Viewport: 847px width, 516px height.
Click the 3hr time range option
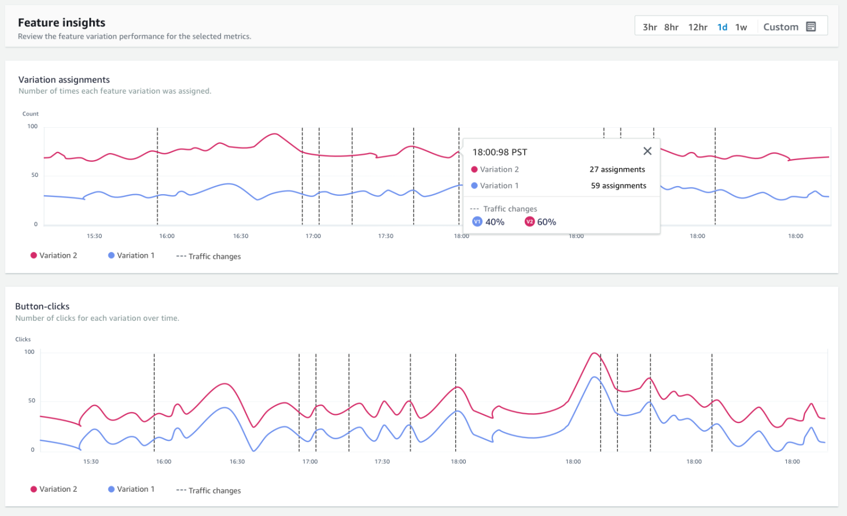(x=650, y=27)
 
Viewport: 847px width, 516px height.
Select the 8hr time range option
(x=671, y=27)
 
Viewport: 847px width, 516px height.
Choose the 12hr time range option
(x=698, y=27)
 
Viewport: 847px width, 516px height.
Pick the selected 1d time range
(x=722, y=27)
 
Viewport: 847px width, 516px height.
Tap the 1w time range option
(x=741, y=27)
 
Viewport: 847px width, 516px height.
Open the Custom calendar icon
(x=811, y=27)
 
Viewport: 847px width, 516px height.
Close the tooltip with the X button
(x=647, y=151)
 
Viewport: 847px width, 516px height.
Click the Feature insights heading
(x=61, y=23)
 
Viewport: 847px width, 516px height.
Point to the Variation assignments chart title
(x=64, y=80)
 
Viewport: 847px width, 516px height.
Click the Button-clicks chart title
(x=42, y=306)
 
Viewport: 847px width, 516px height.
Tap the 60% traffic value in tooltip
(x=546, y=222)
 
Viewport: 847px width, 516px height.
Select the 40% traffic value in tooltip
(x=495, y=222)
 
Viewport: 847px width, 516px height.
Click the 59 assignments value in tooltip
(x=618, y=185)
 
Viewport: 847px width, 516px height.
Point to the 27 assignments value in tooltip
(x=617, y=169)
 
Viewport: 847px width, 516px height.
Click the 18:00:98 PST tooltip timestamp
(x=500, y=152)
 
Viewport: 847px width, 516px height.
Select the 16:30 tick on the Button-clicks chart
(x=237, y=462)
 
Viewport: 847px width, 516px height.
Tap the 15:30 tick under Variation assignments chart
(x=94, y=236)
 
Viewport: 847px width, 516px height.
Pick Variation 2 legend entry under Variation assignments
(x=58, y=255)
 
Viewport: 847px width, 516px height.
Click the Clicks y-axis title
(x=23, y=339)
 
